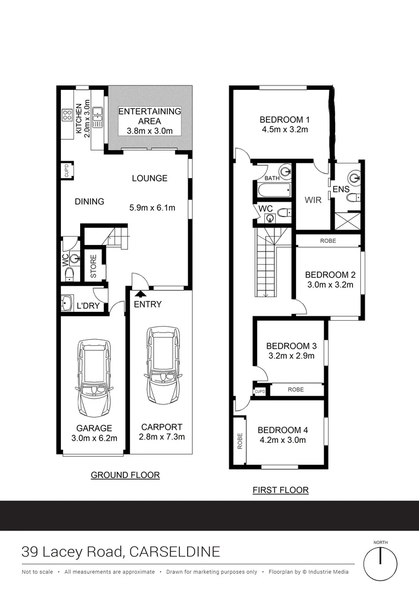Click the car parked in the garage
click(x=94, y=378)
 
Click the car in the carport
click(x=162, y=365)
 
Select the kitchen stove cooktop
click(x=67, y=116)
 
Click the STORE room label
click(x=93, y=266)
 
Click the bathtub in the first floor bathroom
click(x=273, y=191)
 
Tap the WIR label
click(x=313, y=200)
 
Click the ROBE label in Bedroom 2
click(x=327, y=241)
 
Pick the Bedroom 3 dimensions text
click(x=291, y=356)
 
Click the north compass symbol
click(x=380, y=562)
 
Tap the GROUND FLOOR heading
click(x=125, y=475)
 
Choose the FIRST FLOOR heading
click(x=280, y=490)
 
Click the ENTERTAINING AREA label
click(x=150, y=116)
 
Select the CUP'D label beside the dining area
click(x=65, y=170)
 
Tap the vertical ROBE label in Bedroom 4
click(x=240, y=442)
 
